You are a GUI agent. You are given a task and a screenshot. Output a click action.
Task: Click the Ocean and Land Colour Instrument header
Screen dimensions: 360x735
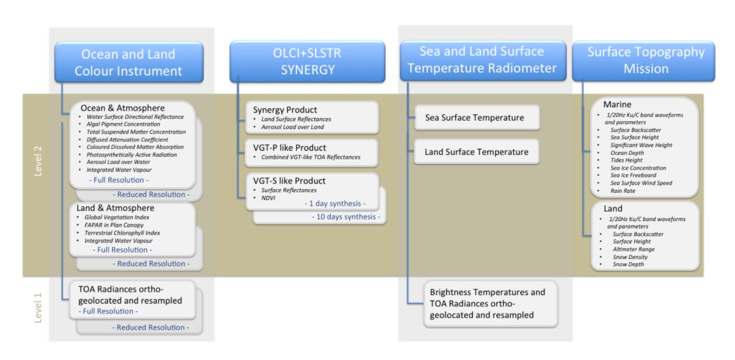pyautogui.click(x=128, y=62)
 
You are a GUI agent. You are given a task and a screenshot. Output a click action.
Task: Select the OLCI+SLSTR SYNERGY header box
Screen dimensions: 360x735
pyautogui.click(x=307, y=61)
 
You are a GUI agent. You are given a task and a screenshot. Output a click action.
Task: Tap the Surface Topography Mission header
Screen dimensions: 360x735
pyautogui.click(x=643, y=61)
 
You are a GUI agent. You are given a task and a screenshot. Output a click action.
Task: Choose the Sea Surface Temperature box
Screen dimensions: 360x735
pyautogui.click(x=475, y=118)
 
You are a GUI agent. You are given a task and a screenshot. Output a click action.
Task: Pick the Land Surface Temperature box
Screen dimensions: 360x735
pyautogui.click(x=476, y=152)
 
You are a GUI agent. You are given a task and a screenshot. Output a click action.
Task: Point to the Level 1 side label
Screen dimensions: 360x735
pyautogui.click(x=38, y=308)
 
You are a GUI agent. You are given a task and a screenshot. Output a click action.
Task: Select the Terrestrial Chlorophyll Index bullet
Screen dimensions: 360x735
pyautogui.click(x=123, y=233)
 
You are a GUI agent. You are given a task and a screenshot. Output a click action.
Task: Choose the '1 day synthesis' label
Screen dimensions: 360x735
pyautogui.click(x=334, y=203)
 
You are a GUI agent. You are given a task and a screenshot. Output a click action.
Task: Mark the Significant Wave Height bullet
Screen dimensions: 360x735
pyautogui.click(x=641, y=145)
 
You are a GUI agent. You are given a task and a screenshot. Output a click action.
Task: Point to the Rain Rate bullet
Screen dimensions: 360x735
pyautogui.click(x=624, y=191)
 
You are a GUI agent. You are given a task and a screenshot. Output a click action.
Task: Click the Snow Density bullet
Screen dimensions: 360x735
pyautogui.click(x=630, y=257)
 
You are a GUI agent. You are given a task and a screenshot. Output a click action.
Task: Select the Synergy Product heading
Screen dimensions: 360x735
pyautogui.click(x=285, y=110)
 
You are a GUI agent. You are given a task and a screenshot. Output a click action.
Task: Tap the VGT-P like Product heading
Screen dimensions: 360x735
pyautogui.click(x=289, y=148)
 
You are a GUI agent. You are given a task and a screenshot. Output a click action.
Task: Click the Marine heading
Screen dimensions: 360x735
pyautogui.click(x=618, y=105)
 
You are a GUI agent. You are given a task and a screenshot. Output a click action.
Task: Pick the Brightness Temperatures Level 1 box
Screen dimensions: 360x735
pyautogui.click(x=487, y=304)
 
